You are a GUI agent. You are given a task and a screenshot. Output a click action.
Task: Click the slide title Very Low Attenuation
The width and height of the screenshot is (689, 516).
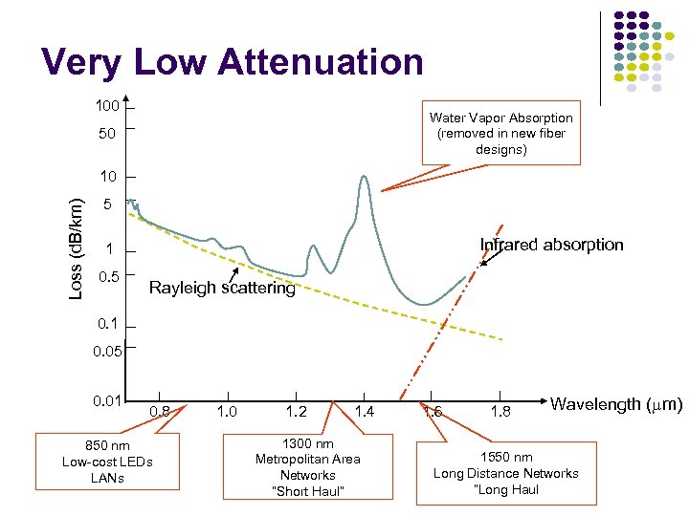[232, 62]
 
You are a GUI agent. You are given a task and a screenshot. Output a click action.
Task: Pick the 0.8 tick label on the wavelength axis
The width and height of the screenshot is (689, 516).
[161, 412]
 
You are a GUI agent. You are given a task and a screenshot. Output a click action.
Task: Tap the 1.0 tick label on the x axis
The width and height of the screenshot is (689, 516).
[227, 412]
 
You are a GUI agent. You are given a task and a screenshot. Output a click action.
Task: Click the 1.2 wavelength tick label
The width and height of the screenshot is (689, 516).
[296, 412]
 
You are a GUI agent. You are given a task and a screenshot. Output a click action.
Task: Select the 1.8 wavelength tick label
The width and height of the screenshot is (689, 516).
[500, 412]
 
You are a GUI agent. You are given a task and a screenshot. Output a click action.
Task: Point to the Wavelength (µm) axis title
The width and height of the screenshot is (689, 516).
[616, 404]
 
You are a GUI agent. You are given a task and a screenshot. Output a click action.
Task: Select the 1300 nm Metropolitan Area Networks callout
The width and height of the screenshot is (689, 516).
[307, 467]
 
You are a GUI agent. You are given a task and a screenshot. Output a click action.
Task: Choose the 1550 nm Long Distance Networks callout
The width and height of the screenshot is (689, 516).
[505, 473]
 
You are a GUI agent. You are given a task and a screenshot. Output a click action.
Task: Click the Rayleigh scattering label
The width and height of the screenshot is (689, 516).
[222, 289]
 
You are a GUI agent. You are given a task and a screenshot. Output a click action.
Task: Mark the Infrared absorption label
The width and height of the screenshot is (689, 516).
[551, 245]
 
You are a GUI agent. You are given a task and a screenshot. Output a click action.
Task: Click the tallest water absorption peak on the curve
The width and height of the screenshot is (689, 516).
[364, 178]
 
